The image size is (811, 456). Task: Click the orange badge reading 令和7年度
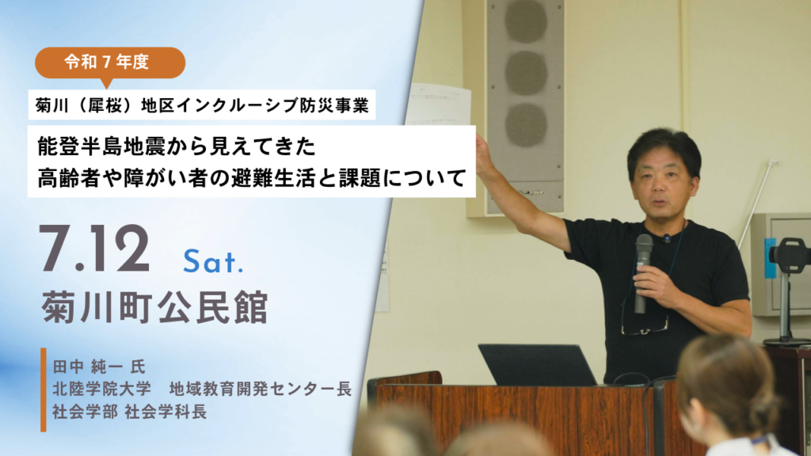point(109,63)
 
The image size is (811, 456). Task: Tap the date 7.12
point(94,249)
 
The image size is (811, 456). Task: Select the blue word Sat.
point(212,261)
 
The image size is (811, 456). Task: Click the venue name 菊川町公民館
point(154,307)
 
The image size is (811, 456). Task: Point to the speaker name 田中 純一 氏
point(99,367)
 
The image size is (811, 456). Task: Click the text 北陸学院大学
point(101,389)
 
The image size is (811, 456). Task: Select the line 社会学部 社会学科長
point(129,412)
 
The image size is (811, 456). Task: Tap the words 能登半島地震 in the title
point(101,146)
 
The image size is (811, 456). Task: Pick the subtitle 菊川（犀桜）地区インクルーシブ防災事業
point(202,105)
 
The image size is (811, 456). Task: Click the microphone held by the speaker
point(643,272)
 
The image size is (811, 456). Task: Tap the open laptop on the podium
point(537,364)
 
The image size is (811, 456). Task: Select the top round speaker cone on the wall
point(526,21)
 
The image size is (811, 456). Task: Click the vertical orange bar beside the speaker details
point(44,389)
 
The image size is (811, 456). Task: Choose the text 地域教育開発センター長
point(260,389)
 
